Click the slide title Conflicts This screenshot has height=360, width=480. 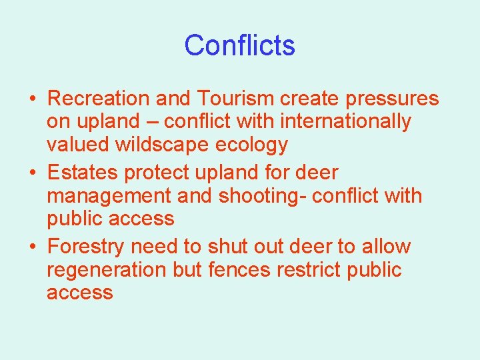click(239, 45)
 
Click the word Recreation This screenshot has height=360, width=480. click(99, 99)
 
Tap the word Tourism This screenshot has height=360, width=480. click(235, 99)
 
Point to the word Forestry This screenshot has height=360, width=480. click(86, 247)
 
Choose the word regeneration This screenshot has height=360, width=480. click(107, 271)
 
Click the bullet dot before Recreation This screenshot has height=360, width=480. click(32, 99)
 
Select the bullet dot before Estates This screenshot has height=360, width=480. click(32, 173)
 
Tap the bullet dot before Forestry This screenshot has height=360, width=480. click(32, 247)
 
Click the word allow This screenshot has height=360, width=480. click(386, 247)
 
